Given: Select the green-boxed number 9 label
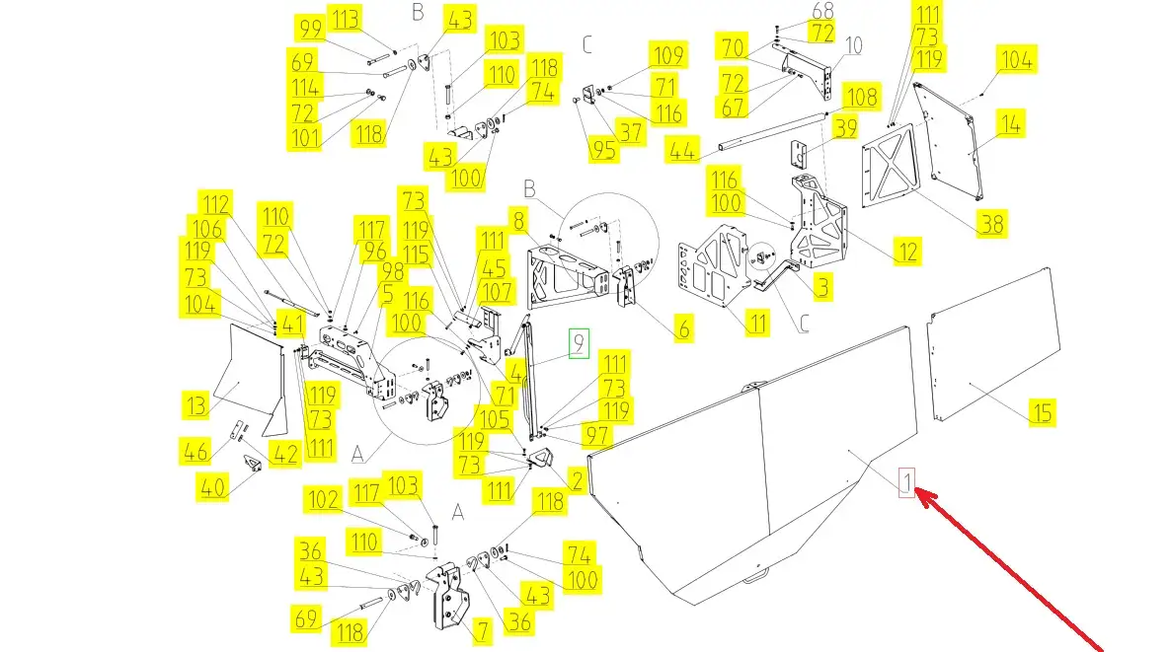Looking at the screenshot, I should [x=578, y=344].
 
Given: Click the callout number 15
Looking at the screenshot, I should [x=1042, y=411].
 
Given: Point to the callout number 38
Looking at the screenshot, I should [x=991, y=224].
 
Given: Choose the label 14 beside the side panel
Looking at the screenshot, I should [x=1010, y=124].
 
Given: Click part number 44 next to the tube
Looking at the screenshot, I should [x=680, y=150].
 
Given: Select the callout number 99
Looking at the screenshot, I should [x=309, y=29].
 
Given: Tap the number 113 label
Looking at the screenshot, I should [x=347, y=19].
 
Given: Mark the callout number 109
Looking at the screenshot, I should [x=666, y=53].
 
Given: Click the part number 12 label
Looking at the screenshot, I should [x=907, y=251].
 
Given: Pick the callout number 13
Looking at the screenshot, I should [x=196, y=404].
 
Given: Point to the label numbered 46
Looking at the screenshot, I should [x=196, y=452].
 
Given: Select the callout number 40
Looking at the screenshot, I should [x=212, y=487].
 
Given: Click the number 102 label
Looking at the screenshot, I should [x=324, y=500].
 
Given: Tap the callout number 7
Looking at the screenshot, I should [x=481, y=629].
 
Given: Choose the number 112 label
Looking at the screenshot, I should [x=216, y=205].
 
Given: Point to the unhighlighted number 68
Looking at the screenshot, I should [x=822, y=11].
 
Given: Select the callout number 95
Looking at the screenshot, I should [x=603, y=149].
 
